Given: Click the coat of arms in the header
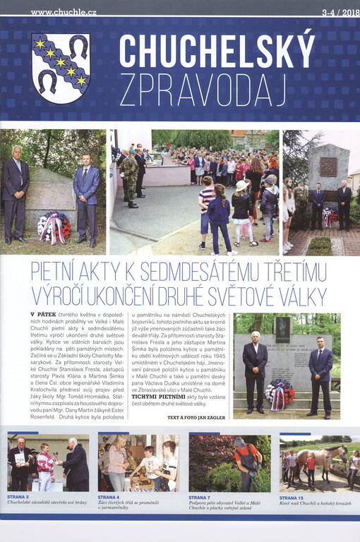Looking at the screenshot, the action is [x=61, y=68].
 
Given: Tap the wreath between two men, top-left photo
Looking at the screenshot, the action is [x=55, y=227].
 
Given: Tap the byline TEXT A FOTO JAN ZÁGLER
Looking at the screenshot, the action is [x=196, y=418].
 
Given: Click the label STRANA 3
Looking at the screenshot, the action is [x=20, y=498].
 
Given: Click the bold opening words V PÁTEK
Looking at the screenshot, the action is [x=44, y=314].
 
